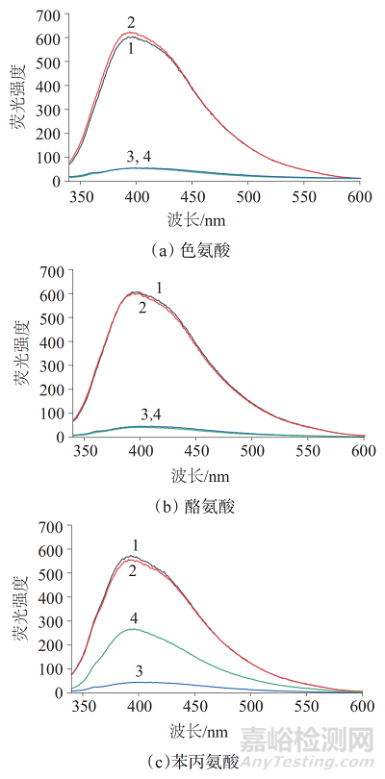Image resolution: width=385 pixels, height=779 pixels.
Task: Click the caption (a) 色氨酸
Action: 192,250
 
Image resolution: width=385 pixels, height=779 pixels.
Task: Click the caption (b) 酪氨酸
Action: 192,505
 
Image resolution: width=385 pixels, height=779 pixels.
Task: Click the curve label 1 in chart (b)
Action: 160,287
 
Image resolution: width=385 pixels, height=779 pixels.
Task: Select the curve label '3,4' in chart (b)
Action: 151,415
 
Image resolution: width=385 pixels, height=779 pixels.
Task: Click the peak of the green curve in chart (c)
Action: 132,629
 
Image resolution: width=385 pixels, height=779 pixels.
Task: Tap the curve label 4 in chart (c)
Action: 132,616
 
